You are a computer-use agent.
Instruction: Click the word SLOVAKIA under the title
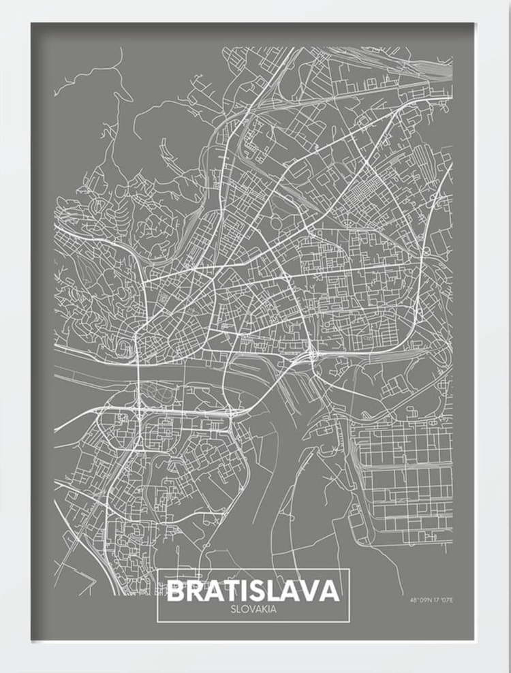pyautogui.click(x=253, y=609)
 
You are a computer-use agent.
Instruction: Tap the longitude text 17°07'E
pyautogui.click(x=443, y=600)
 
